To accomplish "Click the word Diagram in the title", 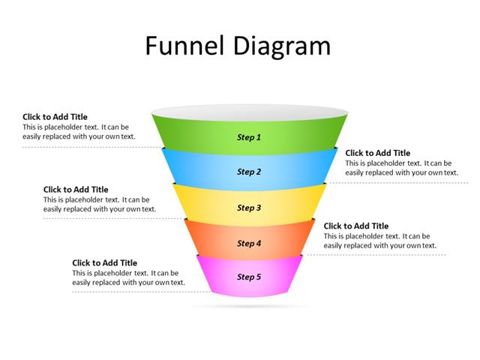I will [283, 46].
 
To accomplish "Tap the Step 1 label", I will [249, 137].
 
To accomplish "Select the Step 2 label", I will [249, 172].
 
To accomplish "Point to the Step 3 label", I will [249, 208].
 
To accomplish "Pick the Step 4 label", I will [249, 243].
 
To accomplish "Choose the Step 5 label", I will [249, 277].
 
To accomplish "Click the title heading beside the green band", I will [55, 117].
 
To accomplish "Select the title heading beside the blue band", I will [377, 153].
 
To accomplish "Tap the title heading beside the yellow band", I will [76, 190].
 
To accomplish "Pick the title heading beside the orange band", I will [355, 226].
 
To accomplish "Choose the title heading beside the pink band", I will [104, 262].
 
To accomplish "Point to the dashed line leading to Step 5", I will [135, 292].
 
